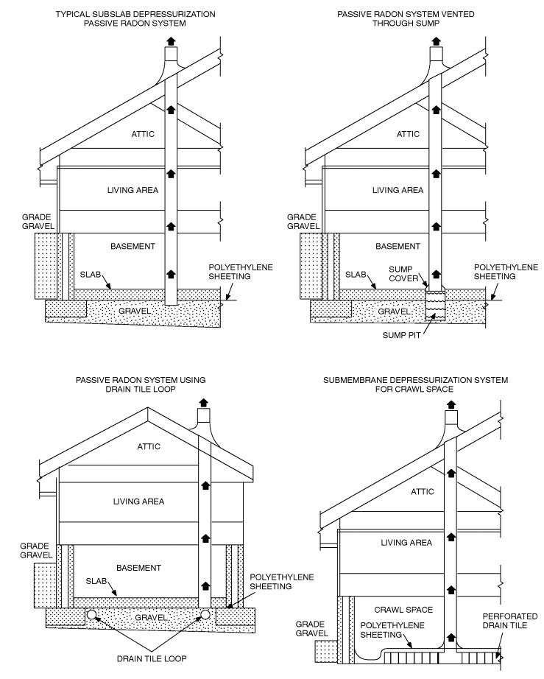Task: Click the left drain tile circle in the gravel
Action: (x=91, y=614)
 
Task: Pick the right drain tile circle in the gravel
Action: (x=205, y=614)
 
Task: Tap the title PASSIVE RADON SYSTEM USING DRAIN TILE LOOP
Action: (x=140, y=384)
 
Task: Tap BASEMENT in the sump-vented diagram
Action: (x=398, y=246)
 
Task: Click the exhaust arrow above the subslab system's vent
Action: (x=171, y=41)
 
